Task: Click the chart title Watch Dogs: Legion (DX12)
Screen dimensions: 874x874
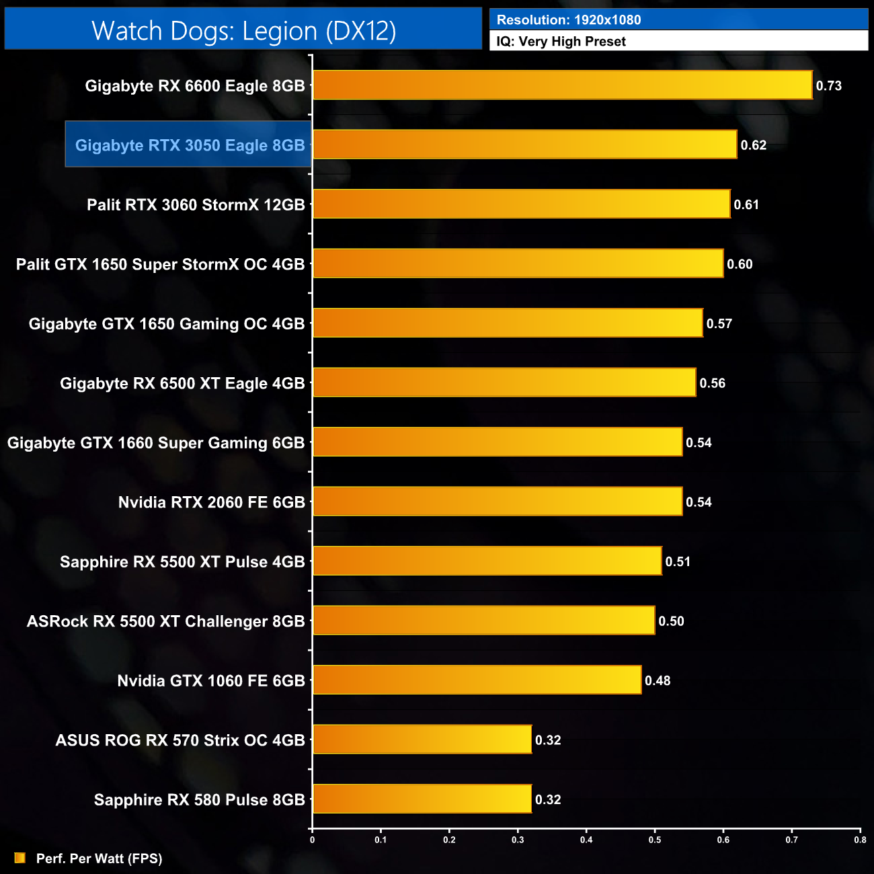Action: tap(243, 31)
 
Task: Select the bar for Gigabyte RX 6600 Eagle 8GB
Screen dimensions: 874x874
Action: tap(562, 85)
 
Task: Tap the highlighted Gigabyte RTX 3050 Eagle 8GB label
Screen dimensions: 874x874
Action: tap(190, 145)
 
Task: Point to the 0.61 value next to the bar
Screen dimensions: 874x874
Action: tap(746, 205)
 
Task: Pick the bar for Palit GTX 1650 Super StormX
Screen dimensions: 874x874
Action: tap(518, 264)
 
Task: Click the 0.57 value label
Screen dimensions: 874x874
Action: tap(719, 324)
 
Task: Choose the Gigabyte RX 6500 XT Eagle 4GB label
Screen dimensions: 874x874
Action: tap(182, 383)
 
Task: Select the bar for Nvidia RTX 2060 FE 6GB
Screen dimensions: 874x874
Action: tap(498, 502)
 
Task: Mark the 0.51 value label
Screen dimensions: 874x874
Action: tap(678, 562)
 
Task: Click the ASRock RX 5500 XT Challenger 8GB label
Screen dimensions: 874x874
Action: tap(165, 621)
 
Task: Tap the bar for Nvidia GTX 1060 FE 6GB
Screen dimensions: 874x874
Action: tap(477, 680)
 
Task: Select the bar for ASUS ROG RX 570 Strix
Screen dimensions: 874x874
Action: tap(422, 740)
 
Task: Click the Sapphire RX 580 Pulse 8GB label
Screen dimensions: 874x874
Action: tap(199, 800)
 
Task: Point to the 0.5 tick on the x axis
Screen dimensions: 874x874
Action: tap(655, 840)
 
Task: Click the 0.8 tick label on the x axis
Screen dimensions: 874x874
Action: tap(860, 840)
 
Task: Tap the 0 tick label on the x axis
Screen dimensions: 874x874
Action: tap(312, 840)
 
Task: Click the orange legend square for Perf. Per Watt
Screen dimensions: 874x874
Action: tap(20, 858)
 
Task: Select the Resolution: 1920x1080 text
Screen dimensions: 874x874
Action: tap(569, 20)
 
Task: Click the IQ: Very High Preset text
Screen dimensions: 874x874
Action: tap(561, 42)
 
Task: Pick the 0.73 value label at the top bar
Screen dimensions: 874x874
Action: tap(828, 86)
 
